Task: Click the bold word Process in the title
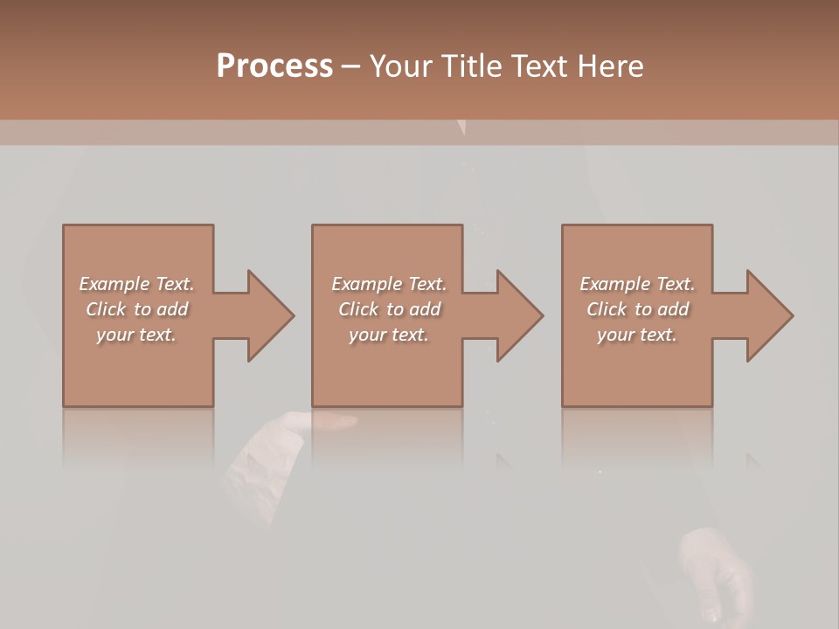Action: tap(274, 66)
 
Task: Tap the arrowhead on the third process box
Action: tap(764, 315)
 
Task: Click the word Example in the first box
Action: tap(114, 284)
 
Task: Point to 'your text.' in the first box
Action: tap(136, 335)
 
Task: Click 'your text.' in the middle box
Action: tap(389, 335)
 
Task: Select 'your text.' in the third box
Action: tap(637, 335)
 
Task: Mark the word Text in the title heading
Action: tap(540, 66)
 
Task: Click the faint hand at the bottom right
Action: tap(717, 572)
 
